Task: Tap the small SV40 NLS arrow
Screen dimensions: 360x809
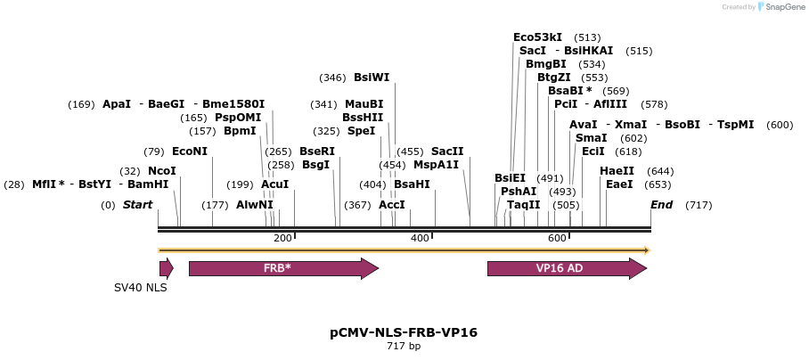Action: point(166,268)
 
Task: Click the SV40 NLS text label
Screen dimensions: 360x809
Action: point(140,288)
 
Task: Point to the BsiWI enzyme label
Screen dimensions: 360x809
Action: point(372,78)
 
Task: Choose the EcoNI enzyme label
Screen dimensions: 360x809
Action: point(189,151)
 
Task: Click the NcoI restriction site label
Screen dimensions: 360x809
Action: point(161,171)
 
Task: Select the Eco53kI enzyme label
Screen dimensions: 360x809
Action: point(537,37)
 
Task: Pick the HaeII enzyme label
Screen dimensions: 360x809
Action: point(617,171)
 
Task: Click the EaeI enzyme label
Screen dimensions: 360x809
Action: point(619,184)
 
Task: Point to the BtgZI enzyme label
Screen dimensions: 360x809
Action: point(553,78)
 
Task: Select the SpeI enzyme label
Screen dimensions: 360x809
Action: point(361,131)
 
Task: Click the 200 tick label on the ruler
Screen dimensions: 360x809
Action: point(283,238)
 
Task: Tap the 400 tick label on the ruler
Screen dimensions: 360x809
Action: point(421,238)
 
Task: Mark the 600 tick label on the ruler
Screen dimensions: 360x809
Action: point(558,238)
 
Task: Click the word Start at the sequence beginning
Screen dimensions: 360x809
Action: point(137,205)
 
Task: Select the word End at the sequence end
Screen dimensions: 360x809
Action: point(661,205)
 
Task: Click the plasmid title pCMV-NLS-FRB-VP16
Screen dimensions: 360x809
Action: point(404,332)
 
